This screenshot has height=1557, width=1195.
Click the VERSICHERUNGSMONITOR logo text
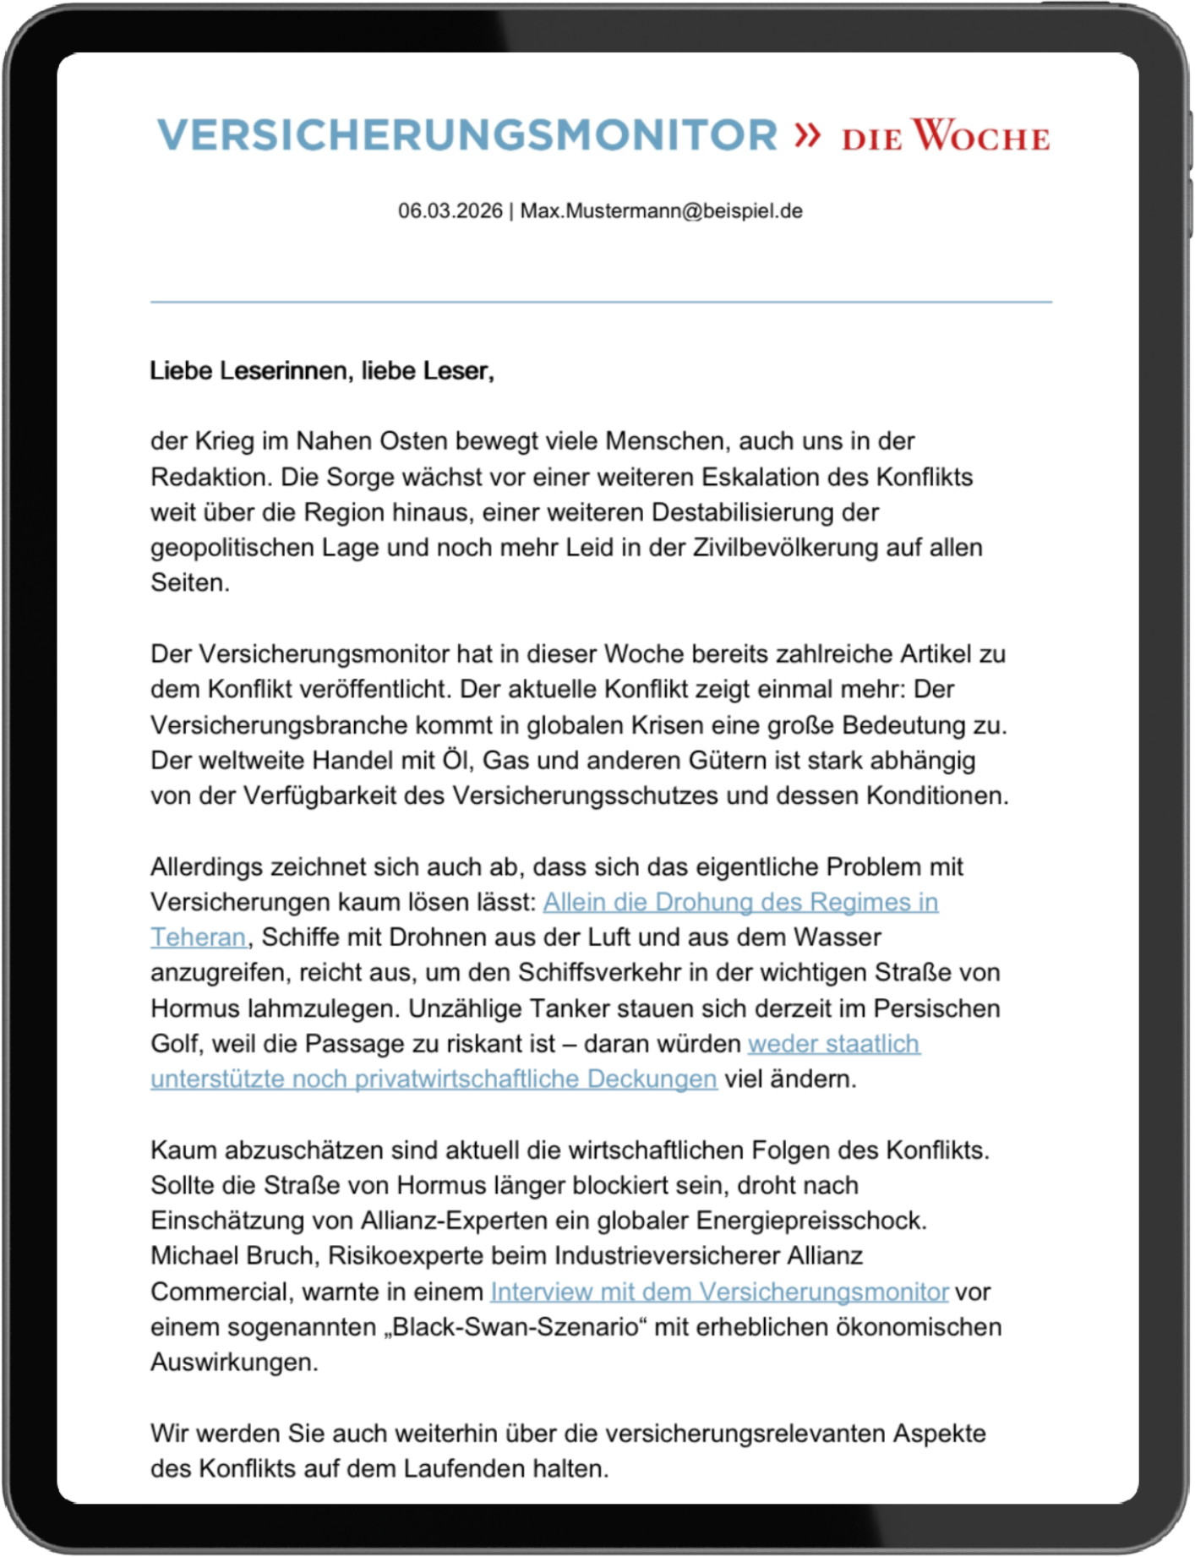[x=467, y=135]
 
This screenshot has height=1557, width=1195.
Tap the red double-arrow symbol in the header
[x=807, y=134]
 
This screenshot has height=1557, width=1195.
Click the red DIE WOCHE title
[x=945, y=136]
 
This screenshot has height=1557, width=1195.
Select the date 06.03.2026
[x=450, y=211]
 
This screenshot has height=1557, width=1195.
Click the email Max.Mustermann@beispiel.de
[x=661, y=211]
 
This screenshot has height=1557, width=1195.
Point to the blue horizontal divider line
[x=601, y=302]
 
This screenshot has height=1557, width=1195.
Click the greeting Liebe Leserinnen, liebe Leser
[x=321, y=371]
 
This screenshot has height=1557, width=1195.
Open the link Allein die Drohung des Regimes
[x=740, y=902]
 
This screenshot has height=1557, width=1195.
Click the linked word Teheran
[x=199, y=937]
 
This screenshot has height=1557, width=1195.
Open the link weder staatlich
[x=834, y=1044]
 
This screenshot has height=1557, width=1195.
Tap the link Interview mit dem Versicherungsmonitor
[x=719, y=1292]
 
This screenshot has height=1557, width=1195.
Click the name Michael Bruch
[x=233, y=1256]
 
